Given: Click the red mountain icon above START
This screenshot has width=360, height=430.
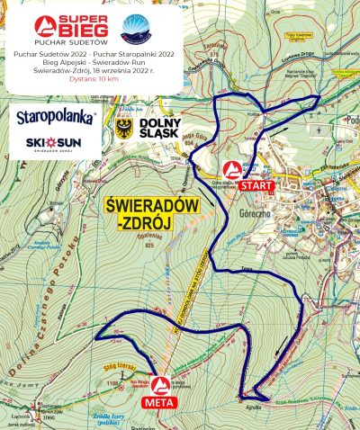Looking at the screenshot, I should (x=233, y=169).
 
